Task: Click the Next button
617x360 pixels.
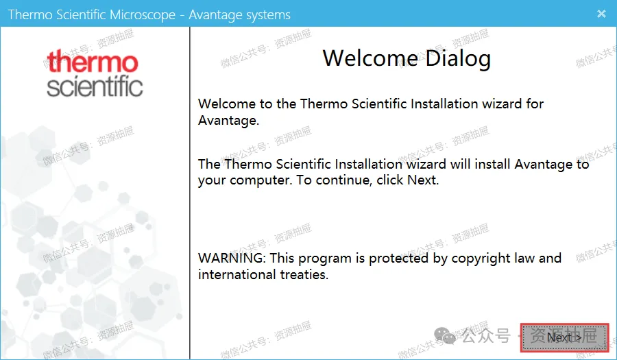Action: pos(565,337)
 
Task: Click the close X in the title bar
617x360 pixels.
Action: pos(601,14)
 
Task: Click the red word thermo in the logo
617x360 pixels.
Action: pos(93,61)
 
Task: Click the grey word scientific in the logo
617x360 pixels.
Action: pos(95,86)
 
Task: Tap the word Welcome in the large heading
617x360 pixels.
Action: pos(370,58)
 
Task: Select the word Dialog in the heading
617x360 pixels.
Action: pos(458,59)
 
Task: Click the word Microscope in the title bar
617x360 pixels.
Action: pos(143,15)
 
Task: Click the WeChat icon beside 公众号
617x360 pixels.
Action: pos(445,335)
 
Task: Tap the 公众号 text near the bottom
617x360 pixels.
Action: pos(486,335)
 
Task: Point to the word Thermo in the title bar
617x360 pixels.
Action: pos(30,14)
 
